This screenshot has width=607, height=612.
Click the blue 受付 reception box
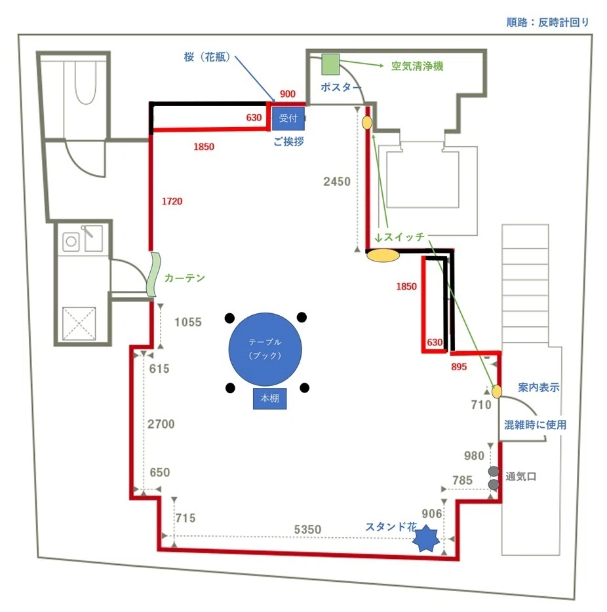coord(288,118)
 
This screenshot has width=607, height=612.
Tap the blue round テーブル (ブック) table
coord(265,349)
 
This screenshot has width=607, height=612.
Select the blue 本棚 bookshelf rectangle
coord(269,398)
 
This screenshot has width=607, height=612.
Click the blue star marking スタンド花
coord(426,538)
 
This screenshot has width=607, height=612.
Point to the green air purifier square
coord(330,64)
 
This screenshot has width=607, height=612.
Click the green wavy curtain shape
coord(153,275)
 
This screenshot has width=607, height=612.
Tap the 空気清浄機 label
coord(418,66)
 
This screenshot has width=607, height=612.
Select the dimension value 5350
coord(307,529)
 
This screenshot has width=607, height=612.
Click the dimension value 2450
coord(337,182)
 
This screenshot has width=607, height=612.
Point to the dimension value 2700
coord(161,424)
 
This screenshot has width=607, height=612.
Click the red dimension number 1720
coord(172,201)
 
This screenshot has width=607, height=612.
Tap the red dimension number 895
coord(459,367)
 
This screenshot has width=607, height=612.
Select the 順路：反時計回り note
coord(547,22)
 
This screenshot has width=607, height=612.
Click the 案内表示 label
coord(539,387)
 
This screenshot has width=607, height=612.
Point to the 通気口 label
coord(520,476)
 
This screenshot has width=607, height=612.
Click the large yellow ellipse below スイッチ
coord(383,256)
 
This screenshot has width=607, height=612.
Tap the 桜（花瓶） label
coord(207,57)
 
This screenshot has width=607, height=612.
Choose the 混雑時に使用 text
coord(535,425)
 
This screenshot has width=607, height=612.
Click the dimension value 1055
coord(187,322)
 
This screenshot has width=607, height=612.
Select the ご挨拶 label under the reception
coord(288,142)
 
